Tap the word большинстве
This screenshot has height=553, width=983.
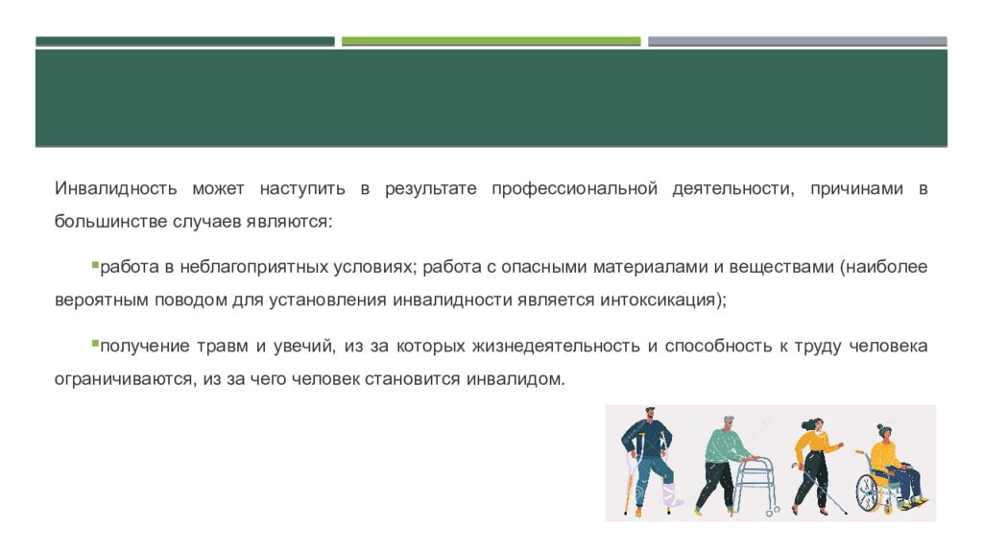tap(109, 221)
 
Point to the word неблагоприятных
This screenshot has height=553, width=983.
tap(250, 266)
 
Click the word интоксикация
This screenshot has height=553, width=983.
tap(659, 299)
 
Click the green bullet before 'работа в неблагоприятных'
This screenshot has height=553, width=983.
tap(94, 262)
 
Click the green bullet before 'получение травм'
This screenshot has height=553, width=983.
tap(94, 342)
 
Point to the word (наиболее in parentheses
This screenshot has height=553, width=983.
tap(883, 266)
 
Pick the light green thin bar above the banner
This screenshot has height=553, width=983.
tap(491, 41)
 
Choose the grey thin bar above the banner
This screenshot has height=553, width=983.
tap(797, 41)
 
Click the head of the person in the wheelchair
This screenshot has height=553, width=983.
tap(883, 433)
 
